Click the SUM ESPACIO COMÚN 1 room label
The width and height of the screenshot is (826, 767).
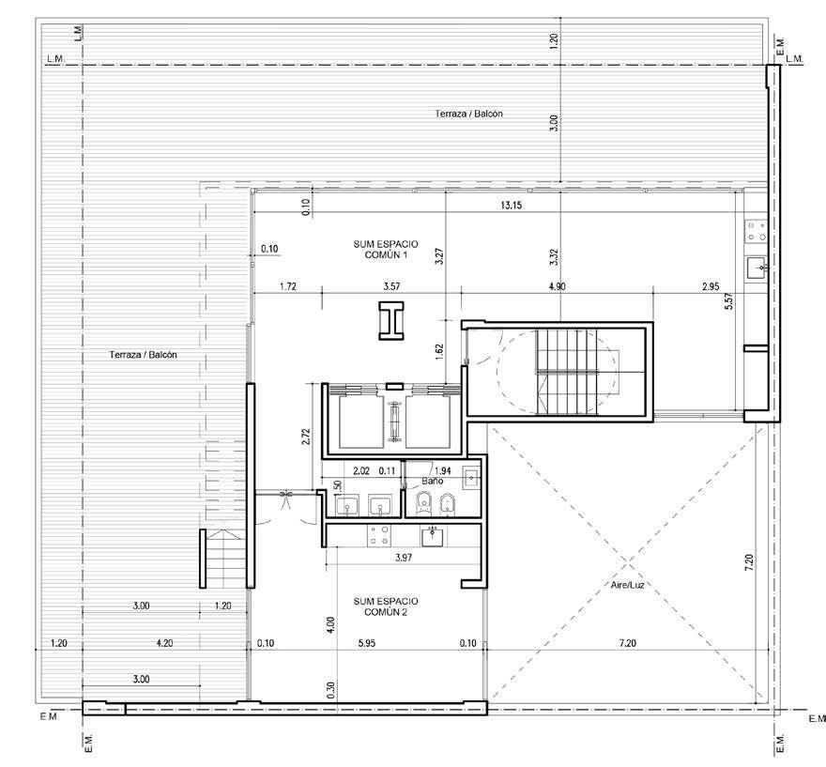tap(386, 249)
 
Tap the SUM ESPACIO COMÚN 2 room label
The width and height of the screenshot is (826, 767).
tap(386, 606)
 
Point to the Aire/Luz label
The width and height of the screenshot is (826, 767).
tap(627, 585)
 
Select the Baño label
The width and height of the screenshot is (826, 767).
tap(433, 481)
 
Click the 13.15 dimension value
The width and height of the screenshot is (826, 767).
tap(511, 206)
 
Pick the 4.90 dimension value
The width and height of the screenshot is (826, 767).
tap(557, 286)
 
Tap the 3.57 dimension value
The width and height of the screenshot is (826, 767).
tap(391, 286)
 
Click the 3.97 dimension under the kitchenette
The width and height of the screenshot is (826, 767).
tap(404, 558)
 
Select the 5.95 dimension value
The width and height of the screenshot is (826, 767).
tap(367, 643)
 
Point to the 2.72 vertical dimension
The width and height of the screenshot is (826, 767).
tap(306, 437)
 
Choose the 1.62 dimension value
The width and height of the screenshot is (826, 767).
tap(440, 352)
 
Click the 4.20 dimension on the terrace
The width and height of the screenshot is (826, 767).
tap(165, 643)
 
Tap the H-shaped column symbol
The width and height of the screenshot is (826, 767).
tap(390, 321)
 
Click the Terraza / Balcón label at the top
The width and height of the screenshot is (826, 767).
tap(468, 114)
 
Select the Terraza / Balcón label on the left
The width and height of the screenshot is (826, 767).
tap(144, 355)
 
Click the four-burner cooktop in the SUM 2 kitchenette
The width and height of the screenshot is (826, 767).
tap(379, 535)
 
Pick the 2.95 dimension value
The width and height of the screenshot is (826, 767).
tap(711, 286)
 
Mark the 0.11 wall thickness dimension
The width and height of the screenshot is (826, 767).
tap(387, 471)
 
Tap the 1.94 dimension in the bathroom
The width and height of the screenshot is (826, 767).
tap(442, 471)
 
